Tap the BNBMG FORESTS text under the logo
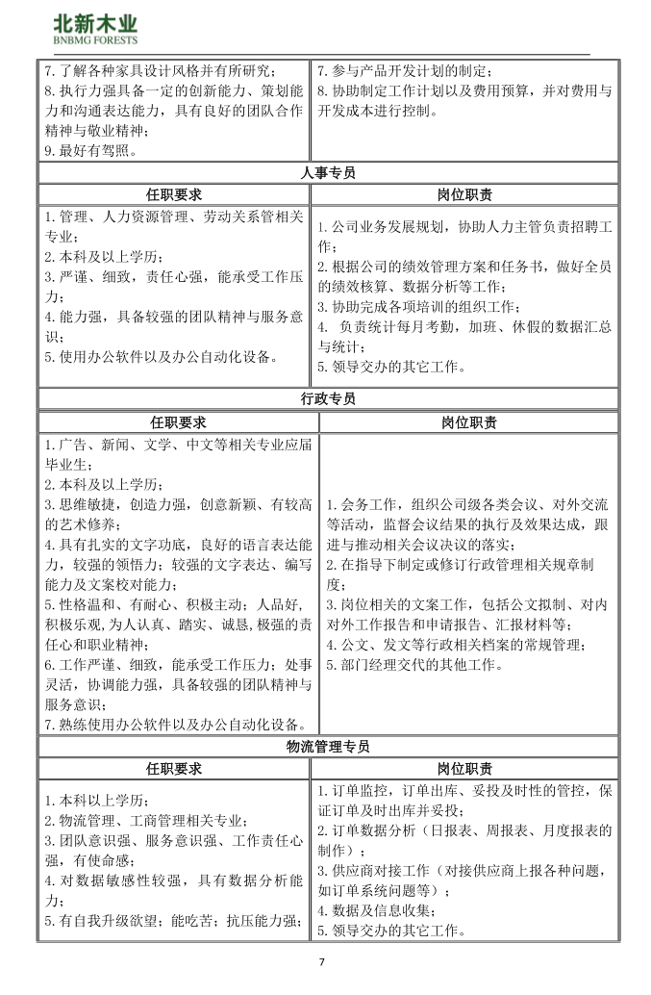(94, 40)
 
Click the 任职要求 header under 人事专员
(174, 195)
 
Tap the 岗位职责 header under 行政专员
(469, 421)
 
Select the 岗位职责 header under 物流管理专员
(464, 769)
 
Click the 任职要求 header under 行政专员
(178, 421)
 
